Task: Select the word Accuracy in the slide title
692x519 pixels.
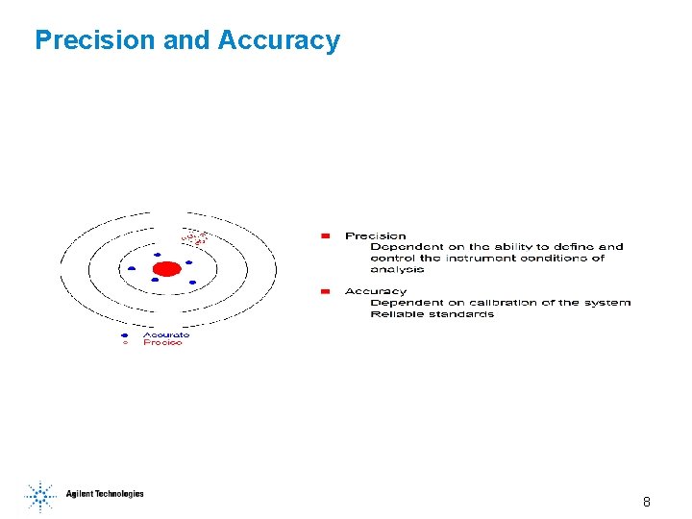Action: pyautogui.click(x=279, y=40)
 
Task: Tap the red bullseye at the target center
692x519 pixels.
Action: pyautogui.click(x=167, y=268)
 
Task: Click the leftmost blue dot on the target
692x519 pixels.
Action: pyautogui.click(x=132, y=268)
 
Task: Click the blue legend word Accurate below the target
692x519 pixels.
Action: pyautogui.click(x=166, y=334)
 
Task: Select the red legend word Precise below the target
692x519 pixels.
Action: pyautogui.click(x=162, y=343)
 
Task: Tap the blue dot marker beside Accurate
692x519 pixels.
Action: pyautogui.click(x=125, y=334)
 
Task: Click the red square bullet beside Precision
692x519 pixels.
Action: pyautogui.click(x=326, y=235)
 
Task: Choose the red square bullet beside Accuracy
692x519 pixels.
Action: pyautogui.click(x=326, y=290)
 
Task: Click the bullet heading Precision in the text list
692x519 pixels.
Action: pyautogui.click(x=376, y=235)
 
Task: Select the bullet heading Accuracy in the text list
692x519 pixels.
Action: pyautogui.click(x=376, y=291)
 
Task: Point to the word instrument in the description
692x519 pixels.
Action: pyautogui.click(x=488, y=258)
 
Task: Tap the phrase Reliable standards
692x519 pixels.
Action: pyautogui.click(x=432, y=314)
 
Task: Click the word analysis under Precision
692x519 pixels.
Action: pyautogui.click(x=397, y=269)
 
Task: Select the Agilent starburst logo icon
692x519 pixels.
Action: pyautogui.click(x=40, y=495)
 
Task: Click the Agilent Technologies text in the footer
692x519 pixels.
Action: pyautogui.click(x=105, y=494)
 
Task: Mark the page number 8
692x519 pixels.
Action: pyautogui.click(x=647, y=502)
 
